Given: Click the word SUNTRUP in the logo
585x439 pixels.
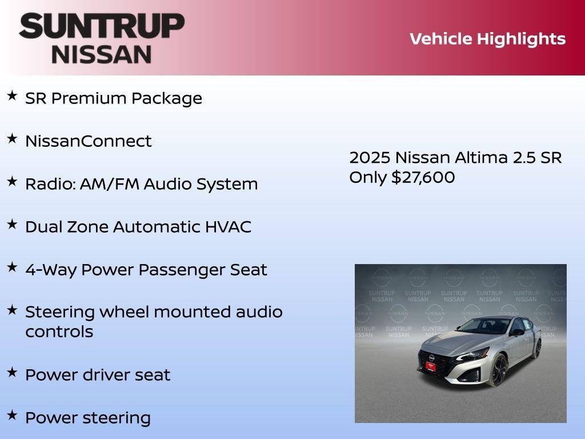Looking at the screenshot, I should pos(102,26).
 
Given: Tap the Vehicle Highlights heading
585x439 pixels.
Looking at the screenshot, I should pos(487,39).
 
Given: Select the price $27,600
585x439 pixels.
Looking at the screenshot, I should pos(423,177).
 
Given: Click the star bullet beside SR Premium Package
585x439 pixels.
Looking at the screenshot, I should pos(12,95).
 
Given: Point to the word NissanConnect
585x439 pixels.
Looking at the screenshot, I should pos(89,141).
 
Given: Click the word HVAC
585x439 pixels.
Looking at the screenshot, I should pos(228,227).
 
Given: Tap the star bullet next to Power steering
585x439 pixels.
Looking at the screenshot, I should pos(12,415).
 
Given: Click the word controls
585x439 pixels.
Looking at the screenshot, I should pos(59,332).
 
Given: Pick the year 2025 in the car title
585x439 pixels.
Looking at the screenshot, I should pos(370,158).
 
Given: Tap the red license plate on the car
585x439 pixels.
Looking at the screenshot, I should pos(430,366).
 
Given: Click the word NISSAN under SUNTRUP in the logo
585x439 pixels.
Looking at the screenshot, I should pos(102,54).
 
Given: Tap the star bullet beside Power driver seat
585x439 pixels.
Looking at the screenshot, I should pos(12,372).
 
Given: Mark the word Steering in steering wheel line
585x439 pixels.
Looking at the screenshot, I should pos(60,312).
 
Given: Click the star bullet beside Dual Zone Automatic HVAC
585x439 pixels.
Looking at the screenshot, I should pos(12,224).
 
